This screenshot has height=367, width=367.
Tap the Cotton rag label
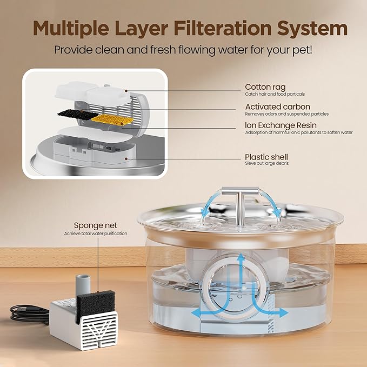pyautogui.click(x=266, y=87)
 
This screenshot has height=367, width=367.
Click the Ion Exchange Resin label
pyautogui.click(x=284, y=125)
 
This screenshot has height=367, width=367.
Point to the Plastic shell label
pyautogui.click(x=266, y=157)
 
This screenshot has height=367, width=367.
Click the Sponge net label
pyautogui.click(x=95, y=225)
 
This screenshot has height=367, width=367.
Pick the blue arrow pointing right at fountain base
pyautogui.click(x=278, y=311)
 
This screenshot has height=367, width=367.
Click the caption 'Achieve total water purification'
pyautogui.click(x=95, y=233)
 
